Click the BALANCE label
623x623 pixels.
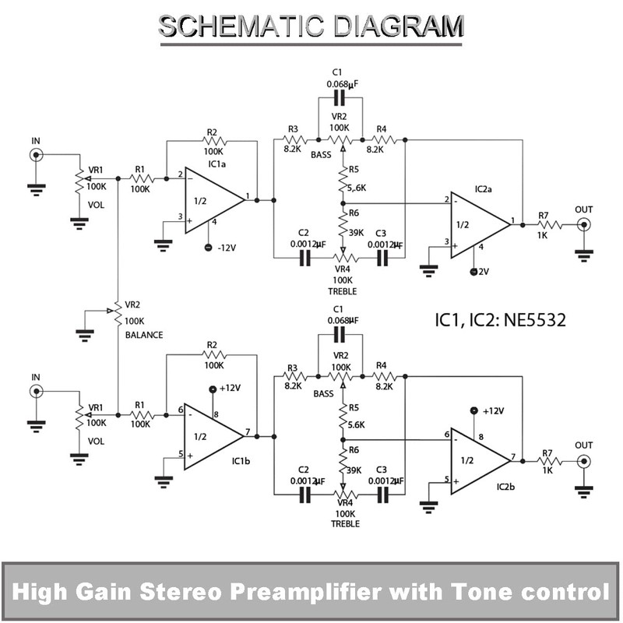click(144, 335)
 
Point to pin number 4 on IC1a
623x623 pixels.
click(214, 224)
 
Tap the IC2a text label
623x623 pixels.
click(487, 189)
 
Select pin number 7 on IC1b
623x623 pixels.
click(247, 431)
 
